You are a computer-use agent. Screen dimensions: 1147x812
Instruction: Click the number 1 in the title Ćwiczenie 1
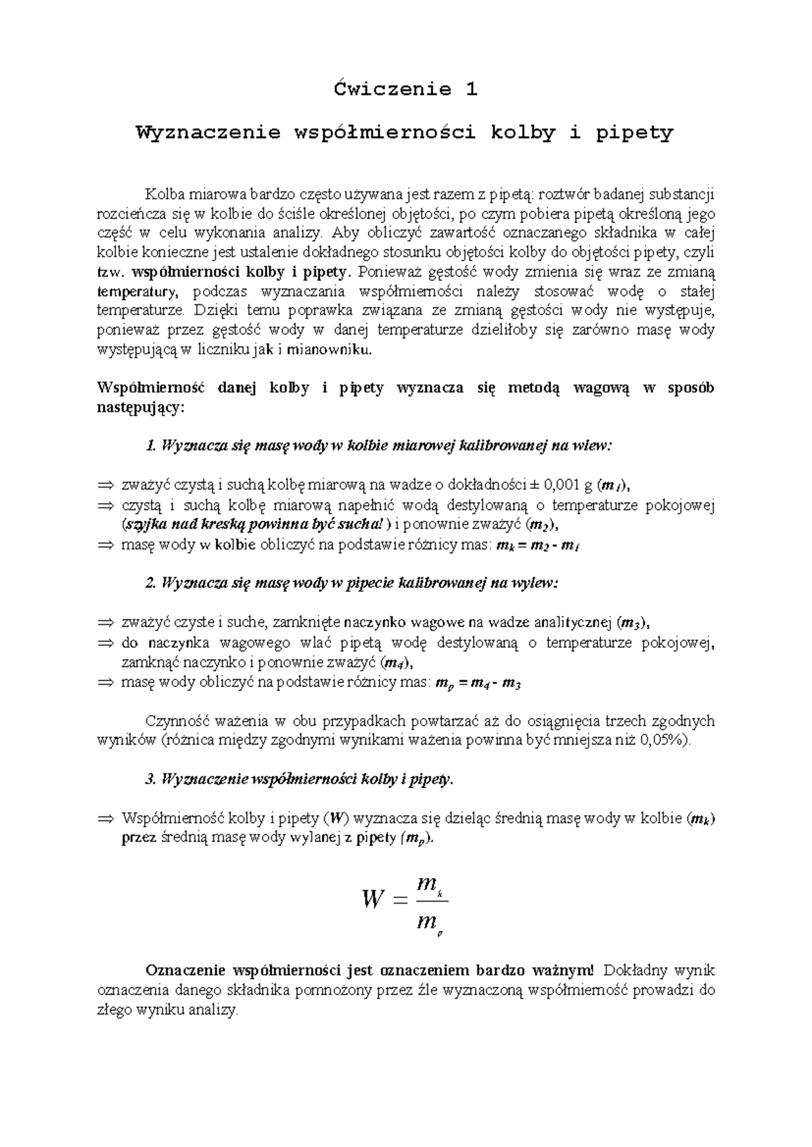[x=471, y=89]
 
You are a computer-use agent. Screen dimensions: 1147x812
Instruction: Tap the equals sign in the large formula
[x=401, y=900]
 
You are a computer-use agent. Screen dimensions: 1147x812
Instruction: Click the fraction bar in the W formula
[x=430, y=901]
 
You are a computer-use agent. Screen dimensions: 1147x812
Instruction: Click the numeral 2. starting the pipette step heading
[x=151, y=584]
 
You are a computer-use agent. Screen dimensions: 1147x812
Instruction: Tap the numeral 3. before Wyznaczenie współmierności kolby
[x=151, y=779]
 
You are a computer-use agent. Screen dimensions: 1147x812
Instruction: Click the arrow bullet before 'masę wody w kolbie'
[x=107, y=545]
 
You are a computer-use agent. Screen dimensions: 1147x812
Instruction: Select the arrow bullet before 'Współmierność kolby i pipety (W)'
[x=107, y=818]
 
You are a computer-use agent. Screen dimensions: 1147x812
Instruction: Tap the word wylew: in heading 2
[x=539, y=584]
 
